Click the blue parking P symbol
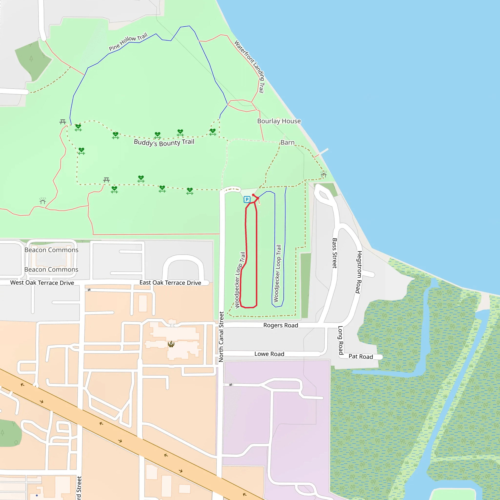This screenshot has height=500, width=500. (x=247, y=199)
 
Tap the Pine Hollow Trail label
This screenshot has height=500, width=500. (x=128, y=42)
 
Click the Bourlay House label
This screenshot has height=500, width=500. (x=279, y=121)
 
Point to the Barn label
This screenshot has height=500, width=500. (x=288, y=143)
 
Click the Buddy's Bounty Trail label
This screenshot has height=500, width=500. (x=164, y=142)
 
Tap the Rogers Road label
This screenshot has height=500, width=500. (x=281, y=325)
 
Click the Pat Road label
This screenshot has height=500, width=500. (x=361, y=356)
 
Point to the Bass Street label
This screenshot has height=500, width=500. (x=334, y=253)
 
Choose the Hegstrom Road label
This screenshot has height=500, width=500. (x=359, y=272)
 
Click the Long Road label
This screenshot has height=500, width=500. (x=341, y=340)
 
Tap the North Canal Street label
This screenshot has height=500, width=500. (x=221, y=337)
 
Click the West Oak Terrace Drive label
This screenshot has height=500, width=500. (x=42, y=283)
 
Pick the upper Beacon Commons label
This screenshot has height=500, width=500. (x=51, y=250)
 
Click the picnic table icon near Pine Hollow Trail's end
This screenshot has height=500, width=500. (x=63, y=122)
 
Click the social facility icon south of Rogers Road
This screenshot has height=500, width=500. (x=171, y=344)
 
